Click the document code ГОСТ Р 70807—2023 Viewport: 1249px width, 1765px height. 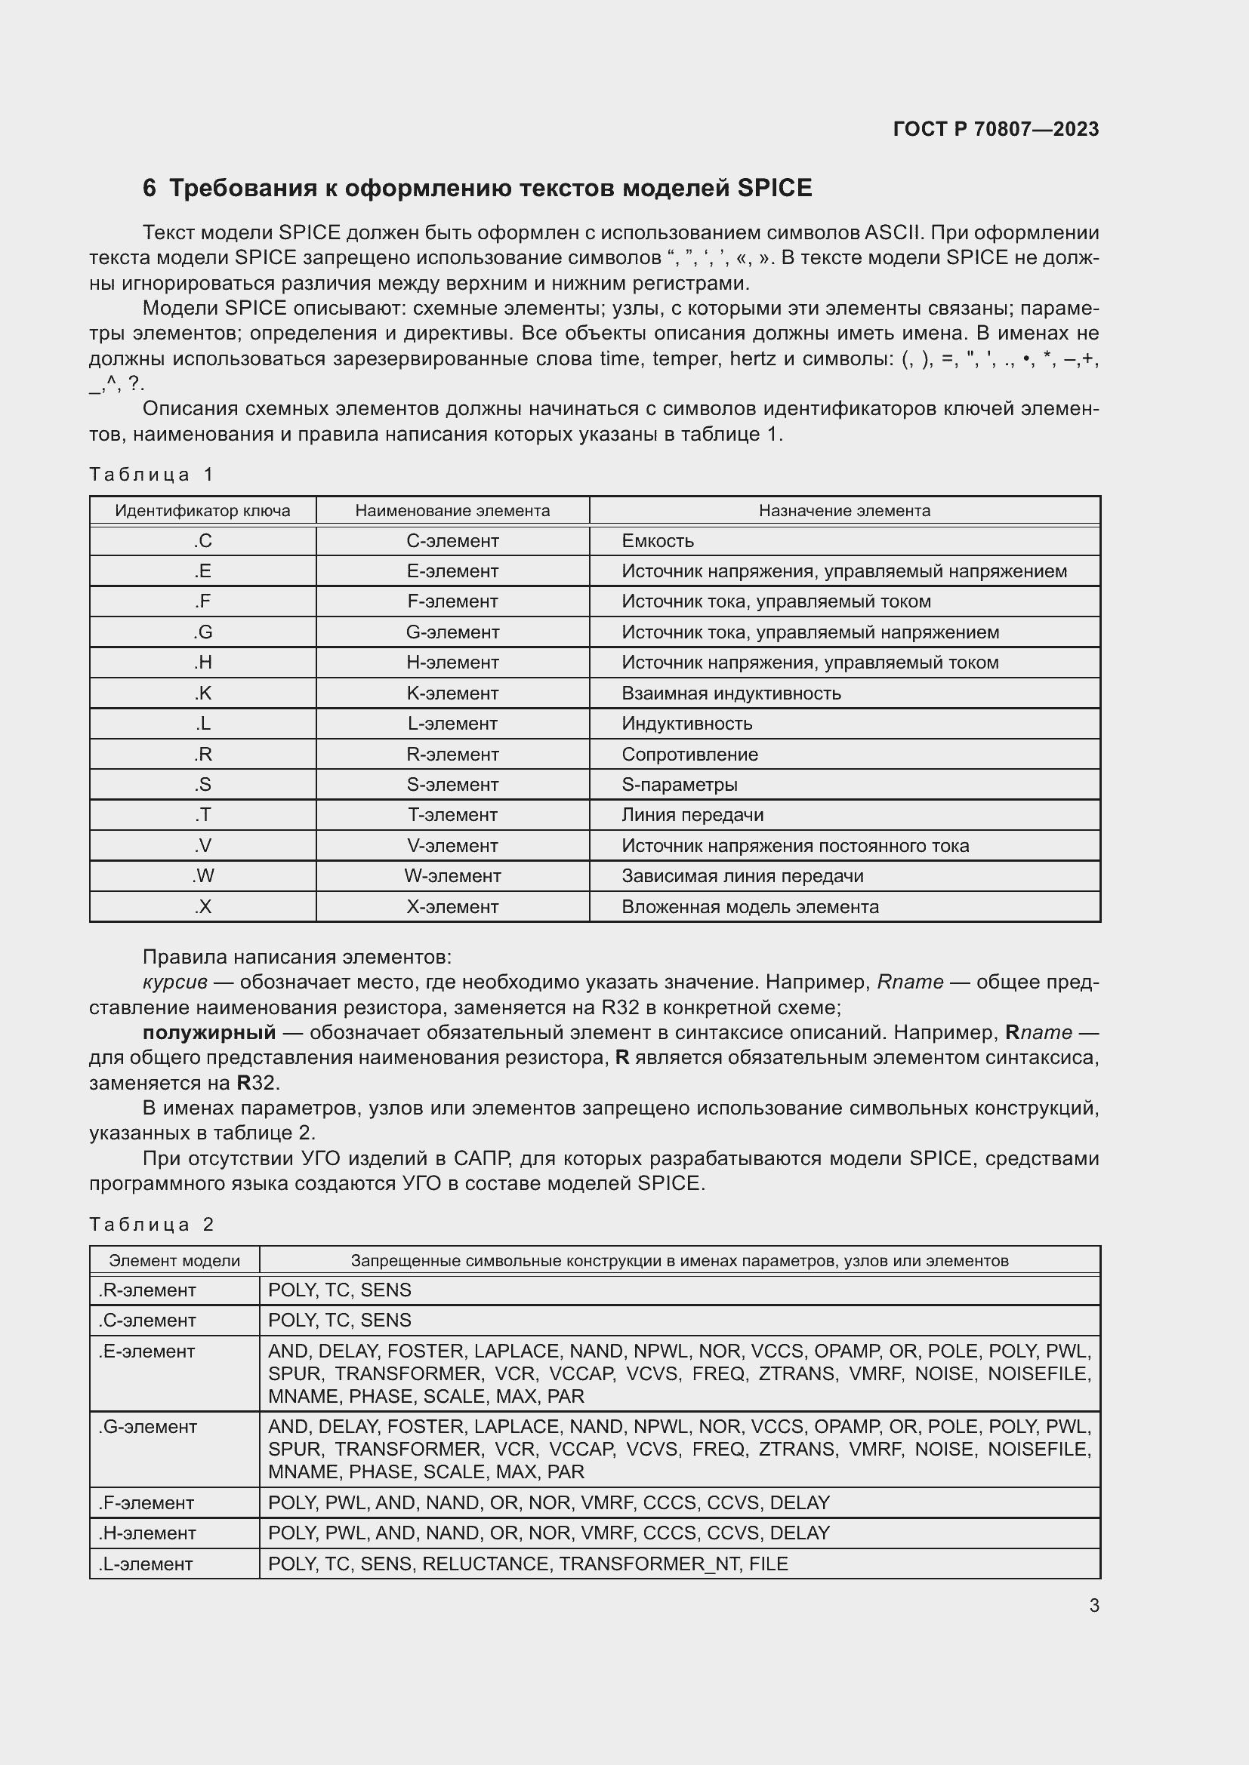coord(995,129)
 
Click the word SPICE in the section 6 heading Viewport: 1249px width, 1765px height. coord(774,189)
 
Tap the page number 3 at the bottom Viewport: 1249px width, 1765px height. coord(1093,1606)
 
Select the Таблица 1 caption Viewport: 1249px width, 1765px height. coord(152,475)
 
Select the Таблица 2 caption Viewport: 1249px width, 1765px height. coord(152,1225)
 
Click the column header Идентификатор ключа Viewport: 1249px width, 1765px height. coord(202,511)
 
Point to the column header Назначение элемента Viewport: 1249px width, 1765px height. coord(843,511)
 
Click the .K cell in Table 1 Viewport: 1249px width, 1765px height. coord(202,693)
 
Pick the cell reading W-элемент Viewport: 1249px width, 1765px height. coord(452,876)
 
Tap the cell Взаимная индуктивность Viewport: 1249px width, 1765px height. coord(731,693)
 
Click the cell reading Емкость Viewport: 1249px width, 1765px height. coord(658,541)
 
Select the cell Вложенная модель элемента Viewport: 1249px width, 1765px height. coord(750,907)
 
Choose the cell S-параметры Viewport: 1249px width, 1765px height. coord(679,785)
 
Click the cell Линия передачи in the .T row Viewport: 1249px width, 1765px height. coord(692,815)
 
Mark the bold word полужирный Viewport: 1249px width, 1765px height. coord(209,1032)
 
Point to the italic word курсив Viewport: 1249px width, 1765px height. coord(174,982)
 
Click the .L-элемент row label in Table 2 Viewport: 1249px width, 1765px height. coord(146,1564)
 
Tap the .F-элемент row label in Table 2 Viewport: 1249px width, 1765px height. coord(146,1503)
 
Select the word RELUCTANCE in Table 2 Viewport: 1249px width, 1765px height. coord(486,1564)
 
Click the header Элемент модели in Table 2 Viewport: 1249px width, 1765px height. coord(174,1261)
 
